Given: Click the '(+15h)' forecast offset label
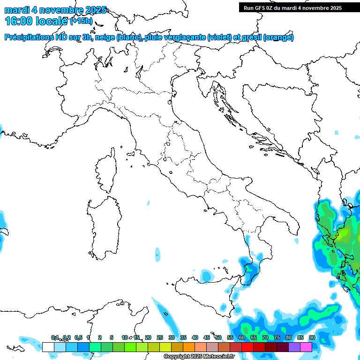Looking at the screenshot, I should pyautogui.click(x=82, y=21).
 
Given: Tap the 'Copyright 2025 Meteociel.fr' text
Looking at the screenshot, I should pyautogui.click(x=199, y=357).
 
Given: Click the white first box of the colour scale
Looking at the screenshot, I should pyautogui.click(x=48, y=347).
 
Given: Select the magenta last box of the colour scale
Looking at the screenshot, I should pyautogui.click(x=306, y=347).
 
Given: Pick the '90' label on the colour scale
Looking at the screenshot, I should pyautogui.click(x=312, y=337).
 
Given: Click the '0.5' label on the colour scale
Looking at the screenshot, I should pyautogui.click(x=78, y=337).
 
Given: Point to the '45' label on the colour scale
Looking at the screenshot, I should pyautogui.click(x=207, y=337).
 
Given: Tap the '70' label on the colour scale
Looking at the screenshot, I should pyautogui.click(x=265, y=337).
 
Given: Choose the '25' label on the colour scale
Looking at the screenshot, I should pyautogui.click(x=160, y=337).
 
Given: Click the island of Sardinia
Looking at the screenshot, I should pyautogui.click(x=103, y=225).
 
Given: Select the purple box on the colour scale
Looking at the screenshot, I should pyautogui.click(x=294, y=347).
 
